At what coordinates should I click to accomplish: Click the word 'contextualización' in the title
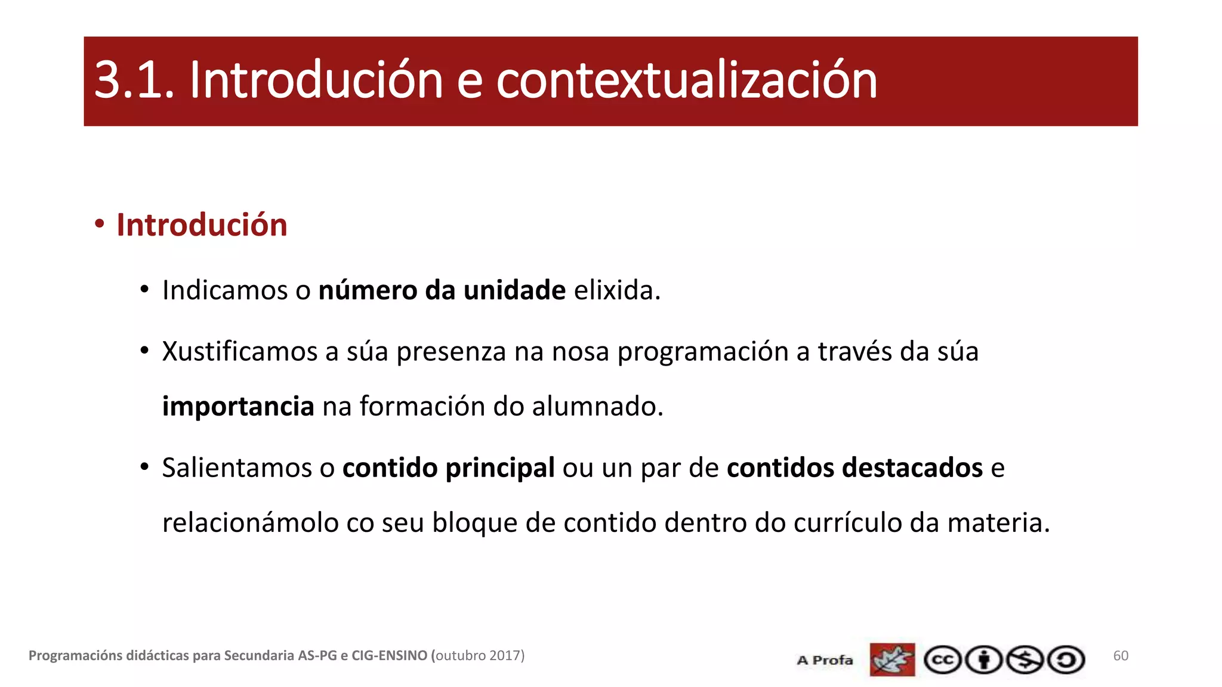click(x=686, y=81)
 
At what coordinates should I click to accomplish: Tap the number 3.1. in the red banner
click(x=134, y=81)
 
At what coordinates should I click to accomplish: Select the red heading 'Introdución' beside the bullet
click(x=202, y=225)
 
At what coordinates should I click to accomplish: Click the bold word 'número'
click(x=368, y=290)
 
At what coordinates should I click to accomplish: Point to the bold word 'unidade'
click(x=514, y=290)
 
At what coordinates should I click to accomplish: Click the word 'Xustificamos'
click(x=239, y=351)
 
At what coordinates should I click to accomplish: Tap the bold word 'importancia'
click(x=238, y=407)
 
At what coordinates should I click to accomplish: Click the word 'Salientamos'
click(x=237, y=468)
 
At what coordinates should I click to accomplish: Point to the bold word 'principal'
click(x=500, y=468)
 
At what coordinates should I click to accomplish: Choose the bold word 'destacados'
click(x=914, y=468)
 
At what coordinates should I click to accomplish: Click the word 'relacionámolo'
click(x=250, y=522)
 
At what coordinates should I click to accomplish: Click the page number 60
click(x=1121, y=656)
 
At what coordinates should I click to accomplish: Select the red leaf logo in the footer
click(x=892, y=660)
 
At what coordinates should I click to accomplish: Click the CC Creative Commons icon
click(x=942, y=660)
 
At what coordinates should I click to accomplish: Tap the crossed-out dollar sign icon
click(x=1025, y=660)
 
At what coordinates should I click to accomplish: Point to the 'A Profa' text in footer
click(x=825, y=660)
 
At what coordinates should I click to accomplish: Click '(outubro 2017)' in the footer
click(x=478, y=655)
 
